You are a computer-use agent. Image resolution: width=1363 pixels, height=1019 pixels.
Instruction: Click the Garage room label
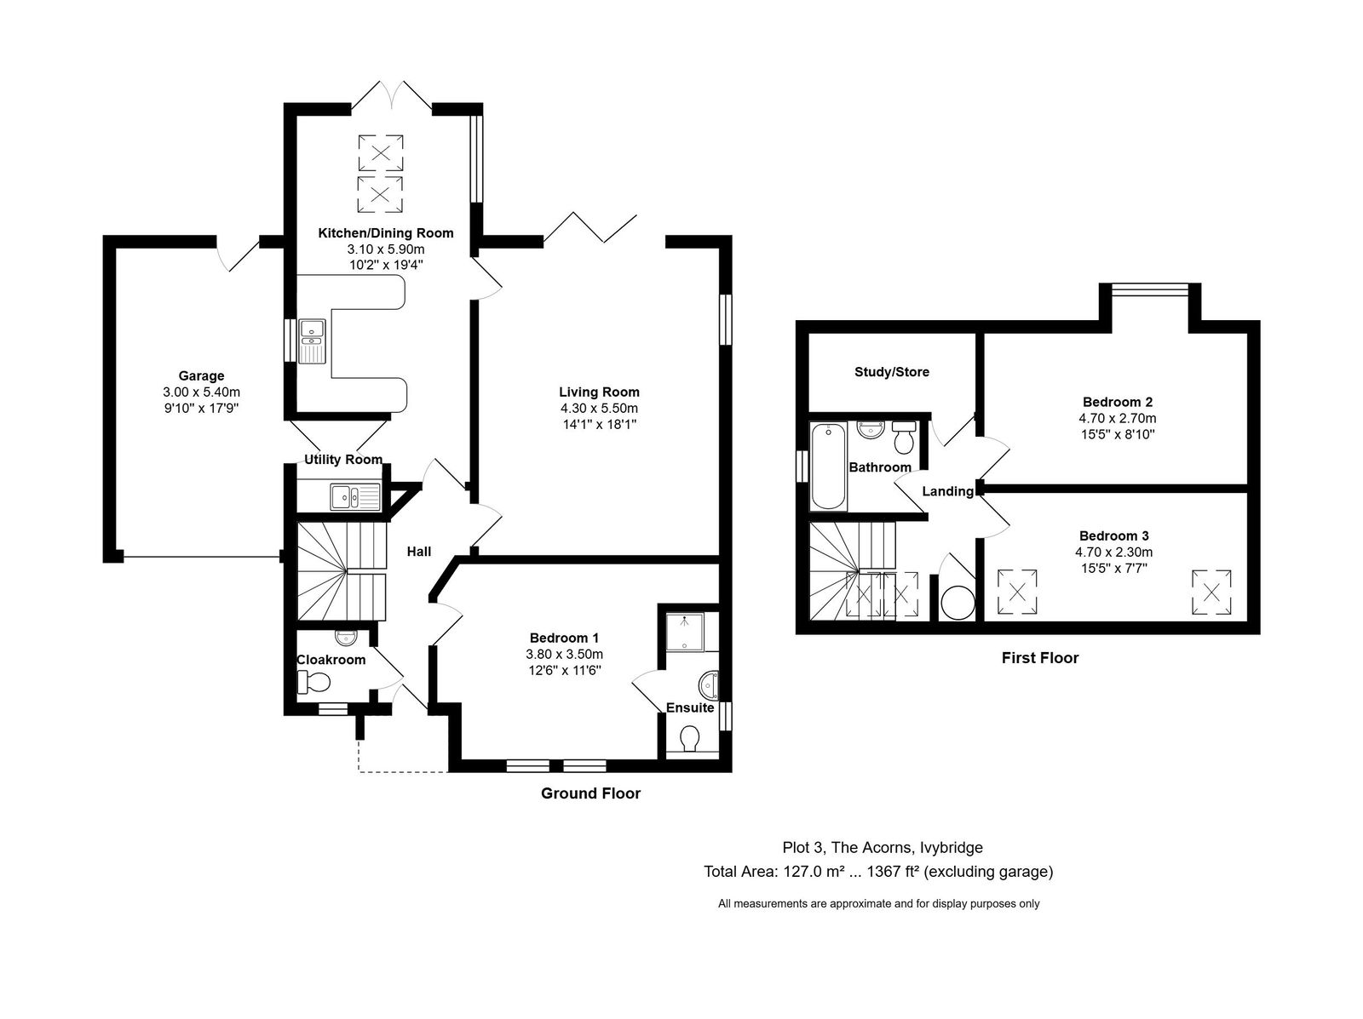point(201,375)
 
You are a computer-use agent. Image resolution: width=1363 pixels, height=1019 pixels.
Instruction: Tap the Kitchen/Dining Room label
point(386,233)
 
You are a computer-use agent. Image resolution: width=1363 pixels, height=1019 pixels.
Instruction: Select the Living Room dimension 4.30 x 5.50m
point(599,409)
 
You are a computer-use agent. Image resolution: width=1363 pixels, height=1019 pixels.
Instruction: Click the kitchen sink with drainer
point(313,341)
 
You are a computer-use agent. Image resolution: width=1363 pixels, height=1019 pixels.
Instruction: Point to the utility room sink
point(355,497)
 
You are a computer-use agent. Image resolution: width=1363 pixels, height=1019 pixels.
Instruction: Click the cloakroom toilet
point(313,682)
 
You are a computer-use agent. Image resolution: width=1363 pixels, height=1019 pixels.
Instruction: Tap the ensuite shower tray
point(686,633)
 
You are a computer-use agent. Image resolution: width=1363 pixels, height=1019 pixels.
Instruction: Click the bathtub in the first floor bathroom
point(828,466)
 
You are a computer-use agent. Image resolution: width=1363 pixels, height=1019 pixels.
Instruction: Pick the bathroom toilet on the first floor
point(904,438)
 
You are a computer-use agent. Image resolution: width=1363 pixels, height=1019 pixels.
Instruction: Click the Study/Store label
point(892,372)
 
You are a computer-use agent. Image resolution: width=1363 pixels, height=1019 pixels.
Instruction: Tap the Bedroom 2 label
point(1118,402)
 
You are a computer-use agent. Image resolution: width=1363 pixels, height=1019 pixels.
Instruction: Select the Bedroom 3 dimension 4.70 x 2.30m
point(1114,552)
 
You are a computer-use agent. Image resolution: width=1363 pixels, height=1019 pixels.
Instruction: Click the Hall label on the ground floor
point(419,551)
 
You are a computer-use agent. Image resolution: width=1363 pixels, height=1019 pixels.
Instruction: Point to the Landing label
point(947,491)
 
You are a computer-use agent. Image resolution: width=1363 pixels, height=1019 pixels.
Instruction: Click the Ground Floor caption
point(590,793)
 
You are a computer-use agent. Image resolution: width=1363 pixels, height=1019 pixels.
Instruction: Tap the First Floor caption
point(1040,658)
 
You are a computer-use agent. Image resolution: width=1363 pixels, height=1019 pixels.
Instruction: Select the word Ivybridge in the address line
point(952,848)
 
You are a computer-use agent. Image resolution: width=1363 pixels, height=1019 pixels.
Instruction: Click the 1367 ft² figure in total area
point(893,872)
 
